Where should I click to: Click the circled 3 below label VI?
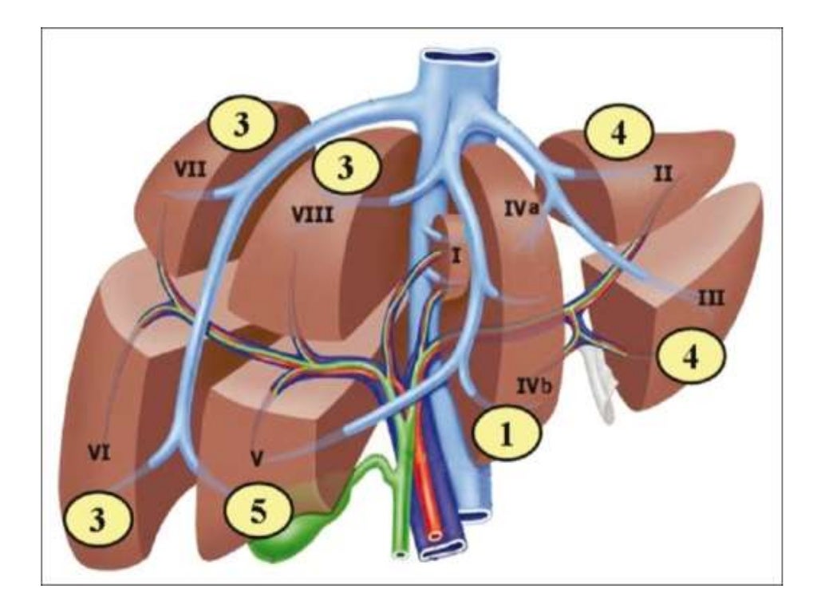(x=98, y=521)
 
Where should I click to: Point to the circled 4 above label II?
(x=619, y=132)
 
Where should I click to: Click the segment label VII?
(x=187, y=168)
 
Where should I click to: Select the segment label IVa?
(x=523, y=206)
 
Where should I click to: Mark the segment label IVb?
(x=531, y=386)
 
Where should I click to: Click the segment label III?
(x=709, y=299)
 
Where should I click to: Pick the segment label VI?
(x=99, y=455)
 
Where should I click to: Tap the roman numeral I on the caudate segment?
(x=456, y=255)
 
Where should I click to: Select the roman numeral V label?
(x=257, y=459)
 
